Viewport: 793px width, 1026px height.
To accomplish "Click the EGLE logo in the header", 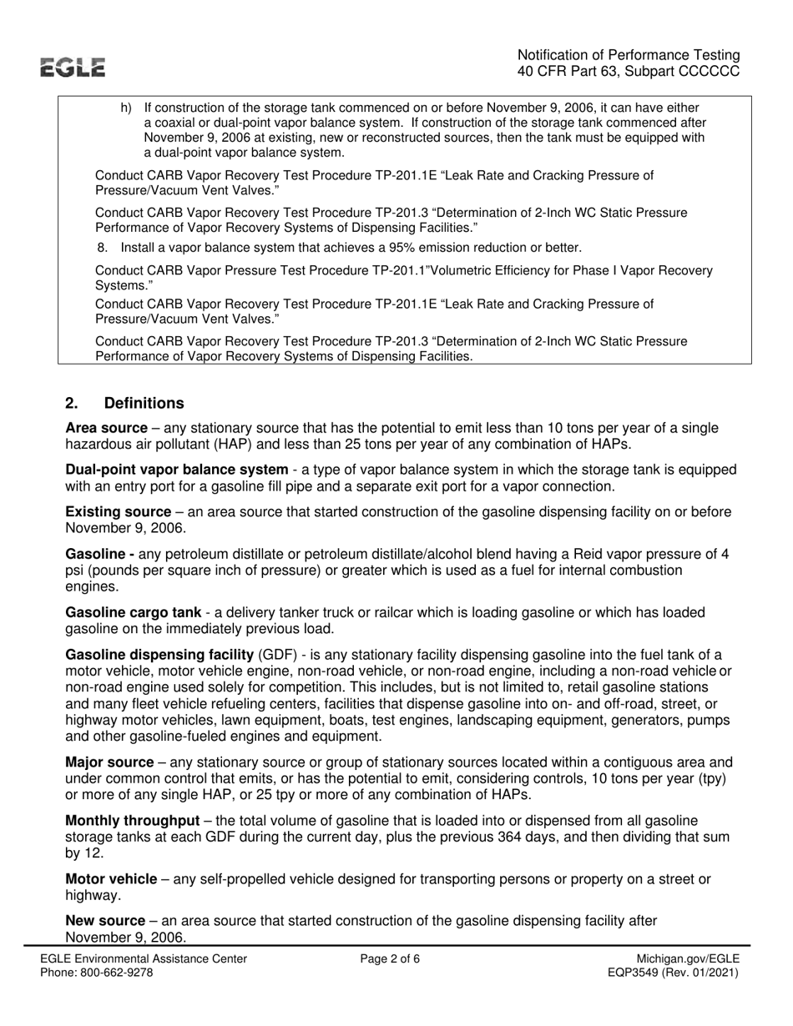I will (75, 68).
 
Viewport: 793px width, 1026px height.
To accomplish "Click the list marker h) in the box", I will (126, 108).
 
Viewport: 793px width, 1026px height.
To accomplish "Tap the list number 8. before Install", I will (104, 248).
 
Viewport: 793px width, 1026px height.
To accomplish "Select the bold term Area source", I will (106, 428).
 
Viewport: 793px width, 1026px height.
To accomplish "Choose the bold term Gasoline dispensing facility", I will (159, 654).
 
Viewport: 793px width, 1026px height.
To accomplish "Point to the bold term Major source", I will (109, 762).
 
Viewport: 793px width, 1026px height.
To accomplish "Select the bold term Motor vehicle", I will (111, 879).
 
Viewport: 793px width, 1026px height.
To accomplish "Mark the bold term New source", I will (104, 921).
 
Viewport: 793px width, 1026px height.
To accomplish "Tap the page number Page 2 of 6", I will (390, 959).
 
